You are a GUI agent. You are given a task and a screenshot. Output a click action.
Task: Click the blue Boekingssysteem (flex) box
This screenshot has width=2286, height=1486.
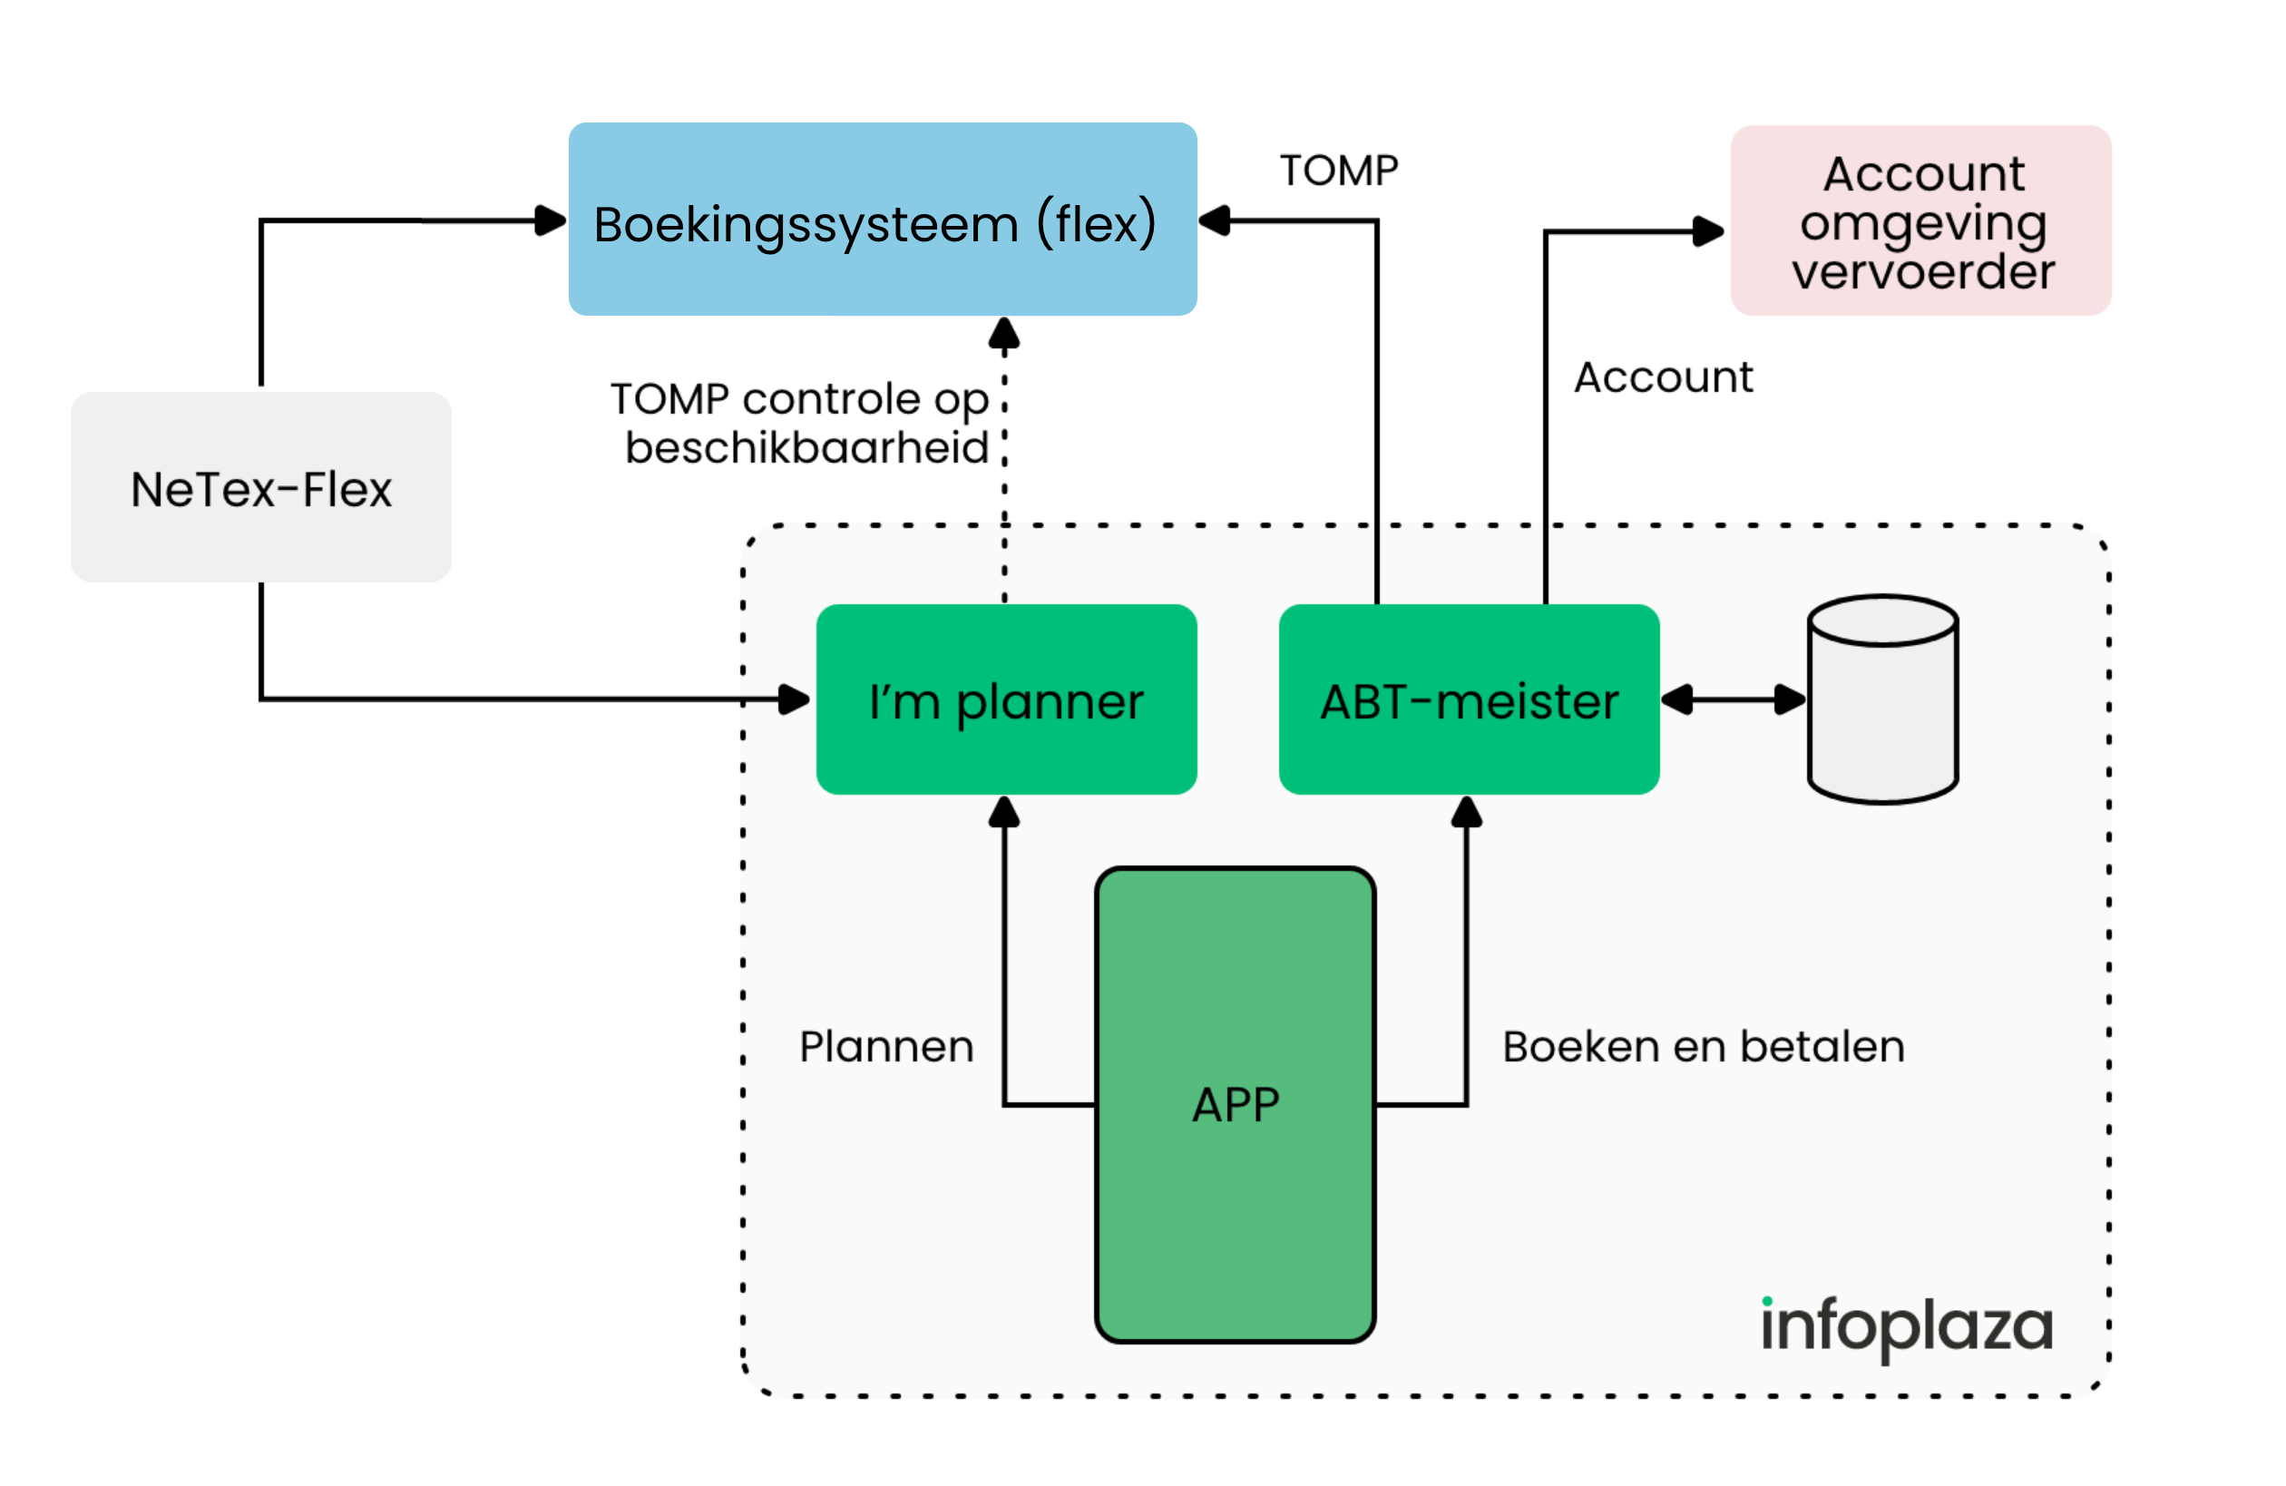(882, 219)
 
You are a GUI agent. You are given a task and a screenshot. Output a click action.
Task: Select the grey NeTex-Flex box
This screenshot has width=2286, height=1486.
(260, 487)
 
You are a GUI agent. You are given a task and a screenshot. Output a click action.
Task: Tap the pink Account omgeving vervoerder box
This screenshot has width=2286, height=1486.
(1921, 221)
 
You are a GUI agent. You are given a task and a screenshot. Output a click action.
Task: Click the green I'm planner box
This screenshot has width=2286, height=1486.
(1006, 699)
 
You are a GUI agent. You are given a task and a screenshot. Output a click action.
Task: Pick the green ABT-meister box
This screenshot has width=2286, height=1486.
(1469, 699)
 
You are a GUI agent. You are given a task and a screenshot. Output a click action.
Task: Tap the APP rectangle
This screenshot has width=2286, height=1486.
(1236, 1105)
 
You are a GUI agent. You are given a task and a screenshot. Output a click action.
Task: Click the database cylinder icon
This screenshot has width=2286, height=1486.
(1882, 699)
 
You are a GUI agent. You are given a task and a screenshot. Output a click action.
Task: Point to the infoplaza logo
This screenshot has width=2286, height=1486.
(1906, 1326)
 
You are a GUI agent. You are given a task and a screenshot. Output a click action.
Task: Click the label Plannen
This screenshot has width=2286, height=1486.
(885, 1047)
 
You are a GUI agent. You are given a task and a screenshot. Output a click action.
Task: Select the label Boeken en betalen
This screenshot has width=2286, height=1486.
(1703, 1047)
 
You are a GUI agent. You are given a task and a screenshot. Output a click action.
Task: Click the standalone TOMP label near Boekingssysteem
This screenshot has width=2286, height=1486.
(1338, 171)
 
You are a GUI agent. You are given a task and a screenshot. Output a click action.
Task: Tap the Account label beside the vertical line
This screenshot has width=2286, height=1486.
(1663, 377)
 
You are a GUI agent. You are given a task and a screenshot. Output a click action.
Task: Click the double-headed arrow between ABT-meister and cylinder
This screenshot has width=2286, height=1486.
(1733, 699)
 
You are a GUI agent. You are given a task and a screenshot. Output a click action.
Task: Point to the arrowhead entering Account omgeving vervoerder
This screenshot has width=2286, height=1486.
(1708, 231)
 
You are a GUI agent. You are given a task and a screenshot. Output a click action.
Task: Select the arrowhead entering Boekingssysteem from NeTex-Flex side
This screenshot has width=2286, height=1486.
(550, 220)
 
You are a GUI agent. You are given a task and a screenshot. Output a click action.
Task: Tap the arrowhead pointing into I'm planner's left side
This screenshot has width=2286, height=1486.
(794, 699)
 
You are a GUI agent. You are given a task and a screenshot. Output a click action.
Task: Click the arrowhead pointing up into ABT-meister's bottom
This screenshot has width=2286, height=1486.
(1466, 813)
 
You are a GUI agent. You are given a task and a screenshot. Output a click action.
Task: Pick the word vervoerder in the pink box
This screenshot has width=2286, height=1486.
(1923, 272)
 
